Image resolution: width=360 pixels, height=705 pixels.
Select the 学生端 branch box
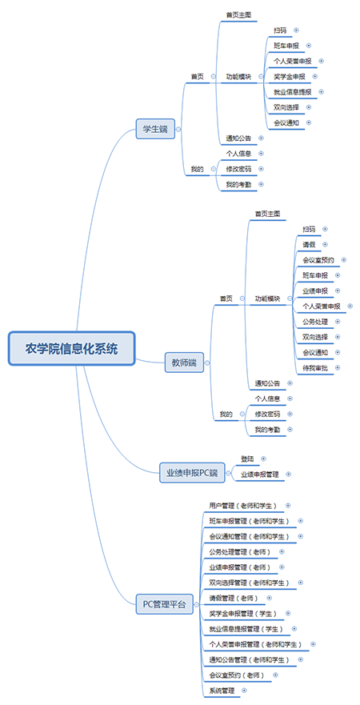click(x=155, y=128)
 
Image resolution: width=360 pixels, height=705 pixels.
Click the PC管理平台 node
click(x=165, y=604)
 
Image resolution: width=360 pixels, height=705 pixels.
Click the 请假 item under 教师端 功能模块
click(x=310, y=244)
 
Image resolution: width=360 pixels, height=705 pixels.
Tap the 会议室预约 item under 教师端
click(x=318, y=260)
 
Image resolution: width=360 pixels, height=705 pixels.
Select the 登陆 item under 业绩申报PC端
click(x=247, y=459)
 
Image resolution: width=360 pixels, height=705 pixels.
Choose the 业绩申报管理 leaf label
click(x=260, y=475)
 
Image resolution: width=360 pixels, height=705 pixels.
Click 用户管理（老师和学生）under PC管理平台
click(x=243, y=505)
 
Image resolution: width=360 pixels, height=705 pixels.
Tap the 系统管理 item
click(x=222, y=690)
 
